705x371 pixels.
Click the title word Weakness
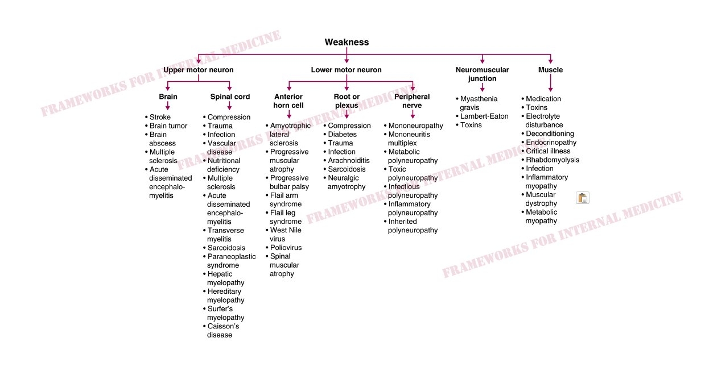347,42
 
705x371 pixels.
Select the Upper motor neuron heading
198,70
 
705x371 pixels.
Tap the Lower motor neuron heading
346,70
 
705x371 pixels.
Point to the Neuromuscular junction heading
482,74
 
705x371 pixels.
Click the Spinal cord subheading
230,97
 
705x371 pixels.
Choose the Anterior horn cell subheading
288,101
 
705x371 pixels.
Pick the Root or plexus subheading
347,101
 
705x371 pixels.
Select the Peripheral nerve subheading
412,101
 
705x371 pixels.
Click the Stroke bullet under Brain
160,117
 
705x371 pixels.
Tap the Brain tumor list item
168,126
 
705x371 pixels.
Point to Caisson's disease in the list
222,331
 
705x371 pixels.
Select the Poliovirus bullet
286,248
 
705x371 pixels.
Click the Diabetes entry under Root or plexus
342,135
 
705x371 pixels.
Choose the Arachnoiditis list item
349,161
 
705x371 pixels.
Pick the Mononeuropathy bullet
415,126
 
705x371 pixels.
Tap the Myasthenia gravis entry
478,103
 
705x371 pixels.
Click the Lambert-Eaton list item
484,116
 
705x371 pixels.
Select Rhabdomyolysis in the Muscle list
552,160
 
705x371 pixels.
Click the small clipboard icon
583,198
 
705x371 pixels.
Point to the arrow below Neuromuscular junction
482,87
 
